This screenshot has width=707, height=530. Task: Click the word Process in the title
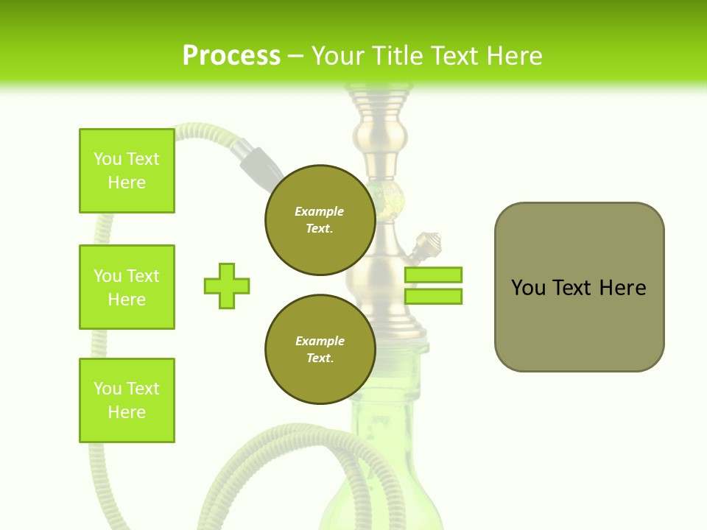(231, 55)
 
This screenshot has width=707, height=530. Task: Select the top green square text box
(127, 171)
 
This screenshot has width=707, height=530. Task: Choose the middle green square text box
(127, 287)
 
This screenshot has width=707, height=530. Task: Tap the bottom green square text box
(127, 400)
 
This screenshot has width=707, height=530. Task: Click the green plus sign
(227, 286)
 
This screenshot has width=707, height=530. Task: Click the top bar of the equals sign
(433, 275)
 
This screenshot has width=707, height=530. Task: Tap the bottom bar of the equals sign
(433, 296)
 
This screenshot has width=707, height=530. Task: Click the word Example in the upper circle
(320, 211)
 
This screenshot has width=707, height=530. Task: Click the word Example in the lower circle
(320, 341)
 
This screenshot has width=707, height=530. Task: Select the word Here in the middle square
(127, 300)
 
